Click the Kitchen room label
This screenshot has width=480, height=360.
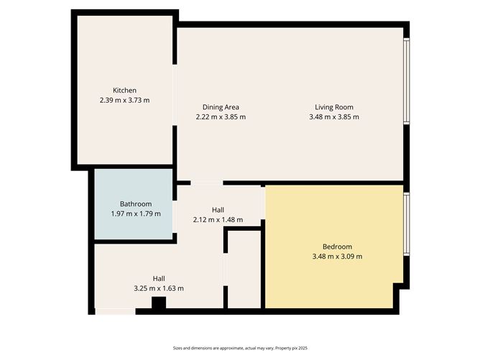coord(124,90)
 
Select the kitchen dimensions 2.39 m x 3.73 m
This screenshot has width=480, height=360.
coord(124,101)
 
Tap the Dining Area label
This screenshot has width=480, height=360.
coord(221,106)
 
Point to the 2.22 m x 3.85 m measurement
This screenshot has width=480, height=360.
coord(221,117)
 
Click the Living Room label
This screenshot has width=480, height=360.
coord(333,106)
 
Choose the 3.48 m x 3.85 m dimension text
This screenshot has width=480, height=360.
coord(333,117)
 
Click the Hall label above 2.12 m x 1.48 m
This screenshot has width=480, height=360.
coord(218,209)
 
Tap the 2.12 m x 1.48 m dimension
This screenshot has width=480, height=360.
coord(218,220)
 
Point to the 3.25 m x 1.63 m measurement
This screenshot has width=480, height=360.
coord(159,288)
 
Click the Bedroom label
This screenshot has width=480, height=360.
coord(336,246)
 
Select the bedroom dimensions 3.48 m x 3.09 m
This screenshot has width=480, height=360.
coord(336,257)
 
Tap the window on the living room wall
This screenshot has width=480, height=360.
coord(406,80)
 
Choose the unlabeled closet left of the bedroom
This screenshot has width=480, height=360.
coord(244,269)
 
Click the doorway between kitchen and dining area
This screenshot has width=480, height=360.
coord(175,96)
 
